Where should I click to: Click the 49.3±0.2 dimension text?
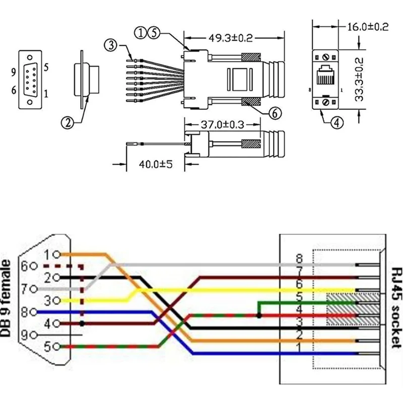click(231, 37)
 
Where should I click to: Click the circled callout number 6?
click(274, 113)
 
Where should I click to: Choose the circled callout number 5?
click(154, 33)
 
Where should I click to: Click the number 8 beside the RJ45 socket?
click(299, 258)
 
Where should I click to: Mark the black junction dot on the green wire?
click(258, 316)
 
